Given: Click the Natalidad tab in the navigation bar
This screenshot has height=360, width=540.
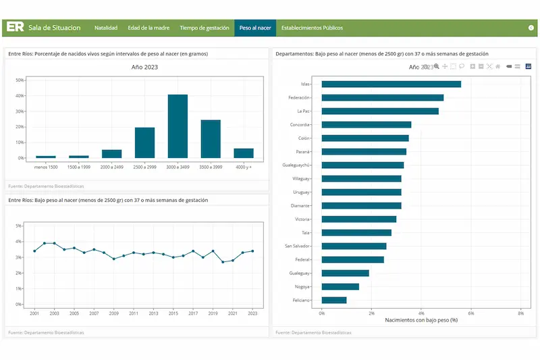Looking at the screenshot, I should point(106,28).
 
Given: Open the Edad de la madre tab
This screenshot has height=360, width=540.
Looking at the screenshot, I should point(148,28).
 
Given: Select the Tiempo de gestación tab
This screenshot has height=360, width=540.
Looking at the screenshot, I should point(205,28).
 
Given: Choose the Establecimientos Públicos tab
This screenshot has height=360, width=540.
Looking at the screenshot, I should point(312,28).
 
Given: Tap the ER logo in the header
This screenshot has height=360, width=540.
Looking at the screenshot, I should point(16,28).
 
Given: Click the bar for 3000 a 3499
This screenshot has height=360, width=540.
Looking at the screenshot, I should point(178,126).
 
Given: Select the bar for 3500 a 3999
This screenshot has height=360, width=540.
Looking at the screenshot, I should point(211,139).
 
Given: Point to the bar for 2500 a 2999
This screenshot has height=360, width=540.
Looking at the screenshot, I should point(144,143).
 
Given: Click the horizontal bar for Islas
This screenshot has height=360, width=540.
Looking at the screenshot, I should point(391,84).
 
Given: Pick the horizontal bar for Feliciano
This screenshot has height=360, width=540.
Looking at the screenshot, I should point(333,300).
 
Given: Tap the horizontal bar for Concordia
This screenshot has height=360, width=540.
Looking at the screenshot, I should point(366,125).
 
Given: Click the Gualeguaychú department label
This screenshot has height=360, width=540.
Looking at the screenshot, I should point(296,165).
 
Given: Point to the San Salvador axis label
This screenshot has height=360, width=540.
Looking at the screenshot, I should point(298,246).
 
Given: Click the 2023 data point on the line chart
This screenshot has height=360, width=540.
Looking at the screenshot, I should point(252,251).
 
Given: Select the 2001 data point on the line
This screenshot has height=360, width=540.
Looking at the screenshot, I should point(34,251).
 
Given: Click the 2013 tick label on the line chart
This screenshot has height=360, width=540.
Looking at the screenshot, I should point(153,313).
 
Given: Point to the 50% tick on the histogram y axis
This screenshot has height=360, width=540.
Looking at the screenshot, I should point(20,80).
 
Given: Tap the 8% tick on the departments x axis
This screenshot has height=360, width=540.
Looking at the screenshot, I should point(520,313).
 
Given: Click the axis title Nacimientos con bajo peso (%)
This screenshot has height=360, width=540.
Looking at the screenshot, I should point(421,320).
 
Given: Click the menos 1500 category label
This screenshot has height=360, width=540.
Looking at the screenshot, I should point(46,166).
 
